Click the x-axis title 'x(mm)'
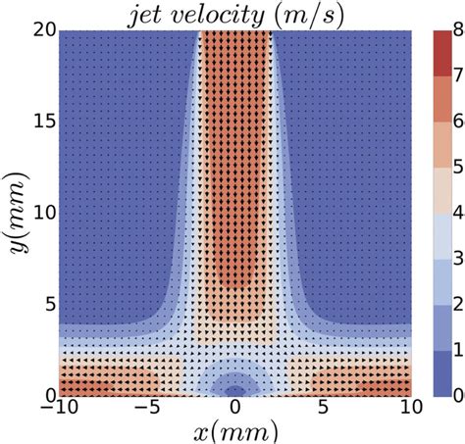(235, 429)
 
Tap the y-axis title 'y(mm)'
(17, 211)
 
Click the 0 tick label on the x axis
(235, 406)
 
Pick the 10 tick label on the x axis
(411, 406)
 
